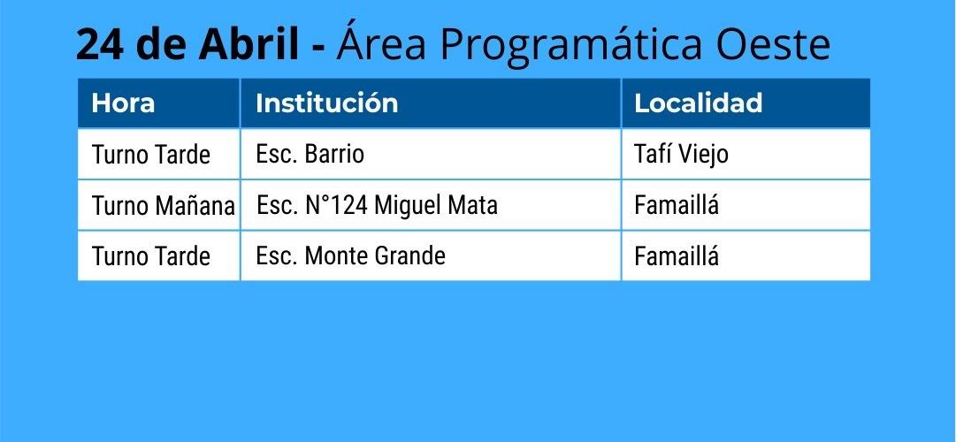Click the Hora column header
(x=123, y=103)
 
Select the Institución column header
(x=327, y=103)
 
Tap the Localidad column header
(x=698, y=103)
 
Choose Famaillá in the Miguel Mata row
(x=677, y=205)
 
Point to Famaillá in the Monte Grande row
(x=677, y=255)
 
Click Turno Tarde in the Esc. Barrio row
(x=150, y=155)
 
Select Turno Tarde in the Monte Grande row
(x=150, y=256)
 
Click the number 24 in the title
(x=99, y=45)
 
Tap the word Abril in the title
(x=249, y=44)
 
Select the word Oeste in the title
(x=773, y=45)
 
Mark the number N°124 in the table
(x=336, y=205)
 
